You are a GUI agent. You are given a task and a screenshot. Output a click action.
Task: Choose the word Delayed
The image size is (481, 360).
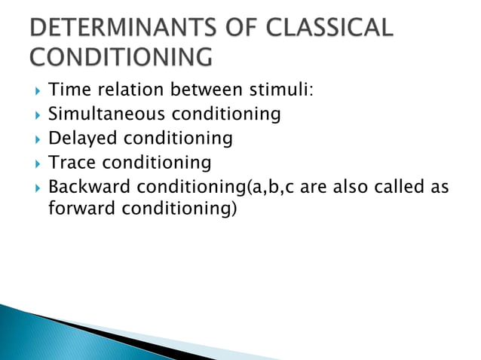click(82, 139)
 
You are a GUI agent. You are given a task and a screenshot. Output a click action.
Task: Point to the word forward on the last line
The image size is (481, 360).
click(80, 209)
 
